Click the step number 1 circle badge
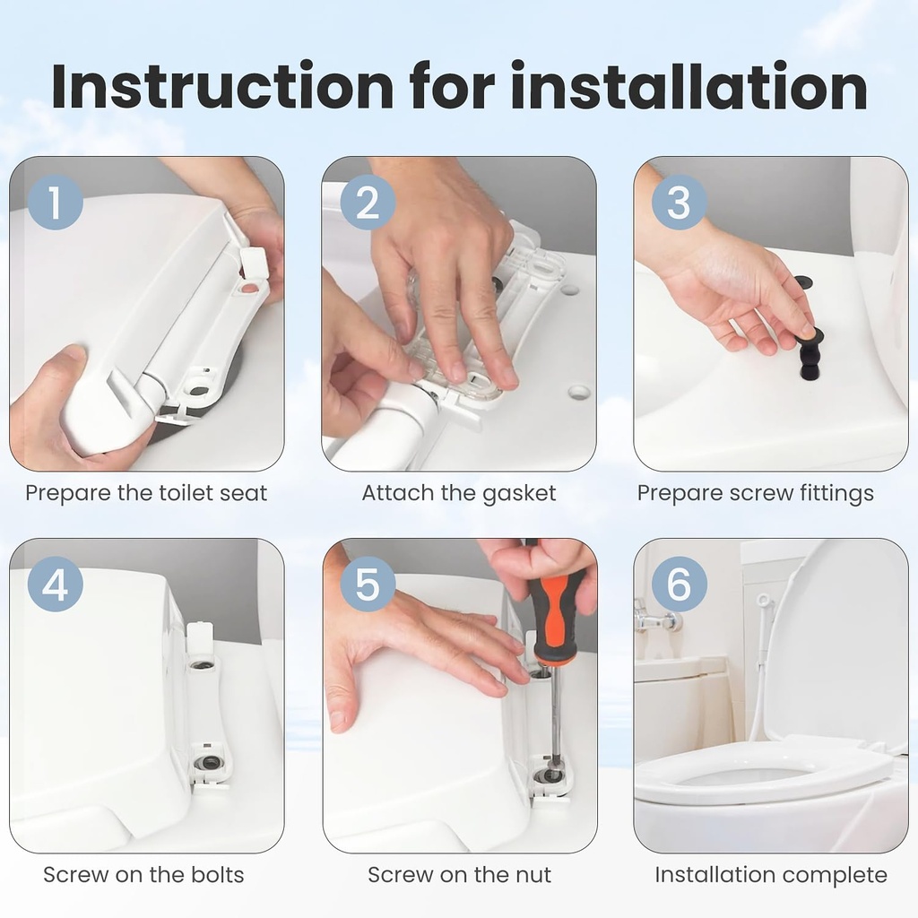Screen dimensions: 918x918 pos(55,203)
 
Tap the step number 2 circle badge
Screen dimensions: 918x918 pos(368,203)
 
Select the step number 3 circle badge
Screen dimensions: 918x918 pos(680,203)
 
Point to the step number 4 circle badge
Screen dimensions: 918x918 pos(55,585)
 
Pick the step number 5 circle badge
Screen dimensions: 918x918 pos(368,585)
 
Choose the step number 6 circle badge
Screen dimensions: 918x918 pos(680,585)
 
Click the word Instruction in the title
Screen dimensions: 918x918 pos(222,87)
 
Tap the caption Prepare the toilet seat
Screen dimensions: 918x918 pos(146,493)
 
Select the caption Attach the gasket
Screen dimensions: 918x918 pos(459,493)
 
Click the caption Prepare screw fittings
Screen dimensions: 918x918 pos(755,493)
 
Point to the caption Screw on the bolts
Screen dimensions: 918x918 pos(143,875)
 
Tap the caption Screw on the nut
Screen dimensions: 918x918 pos(459,875)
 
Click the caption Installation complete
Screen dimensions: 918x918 pos(771,875)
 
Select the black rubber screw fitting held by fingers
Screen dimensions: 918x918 pos(810,354)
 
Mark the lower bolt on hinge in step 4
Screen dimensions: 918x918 pos(209,762)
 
